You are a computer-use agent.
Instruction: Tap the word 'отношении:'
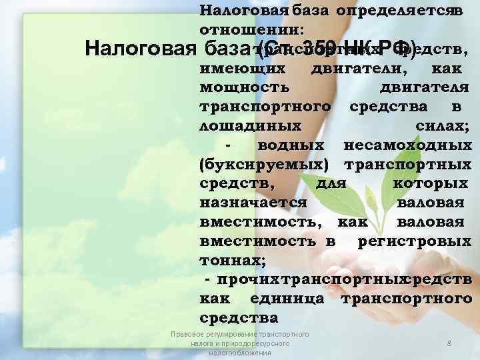[251, 30]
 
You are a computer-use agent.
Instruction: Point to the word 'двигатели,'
[361, 68]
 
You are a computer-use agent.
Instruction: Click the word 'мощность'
[244, 87]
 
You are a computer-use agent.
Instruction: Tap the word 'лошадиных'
[250, 125]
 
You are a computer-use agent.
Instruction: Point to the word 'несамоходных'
[407, 145]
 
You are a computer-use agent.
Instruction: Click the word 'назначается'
[253, 202]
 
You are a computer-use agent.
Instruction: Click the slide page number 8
[449, 343]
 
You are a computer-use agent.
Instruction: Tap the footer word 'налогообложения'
[239, 353]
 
